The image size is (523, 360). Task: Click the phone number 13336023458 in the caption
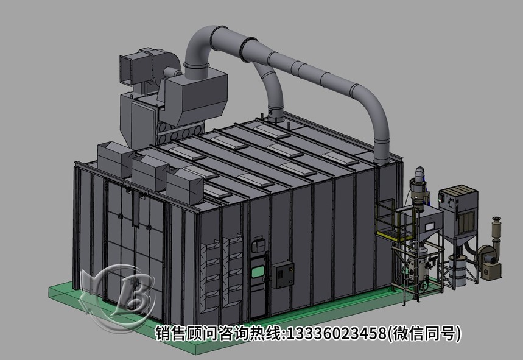(x=340, y=333)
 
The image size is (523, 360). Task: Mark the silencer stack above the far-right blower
(x=496, y=228)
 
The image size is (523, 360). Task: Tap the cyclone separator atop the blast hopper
(x=419, y=186)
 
